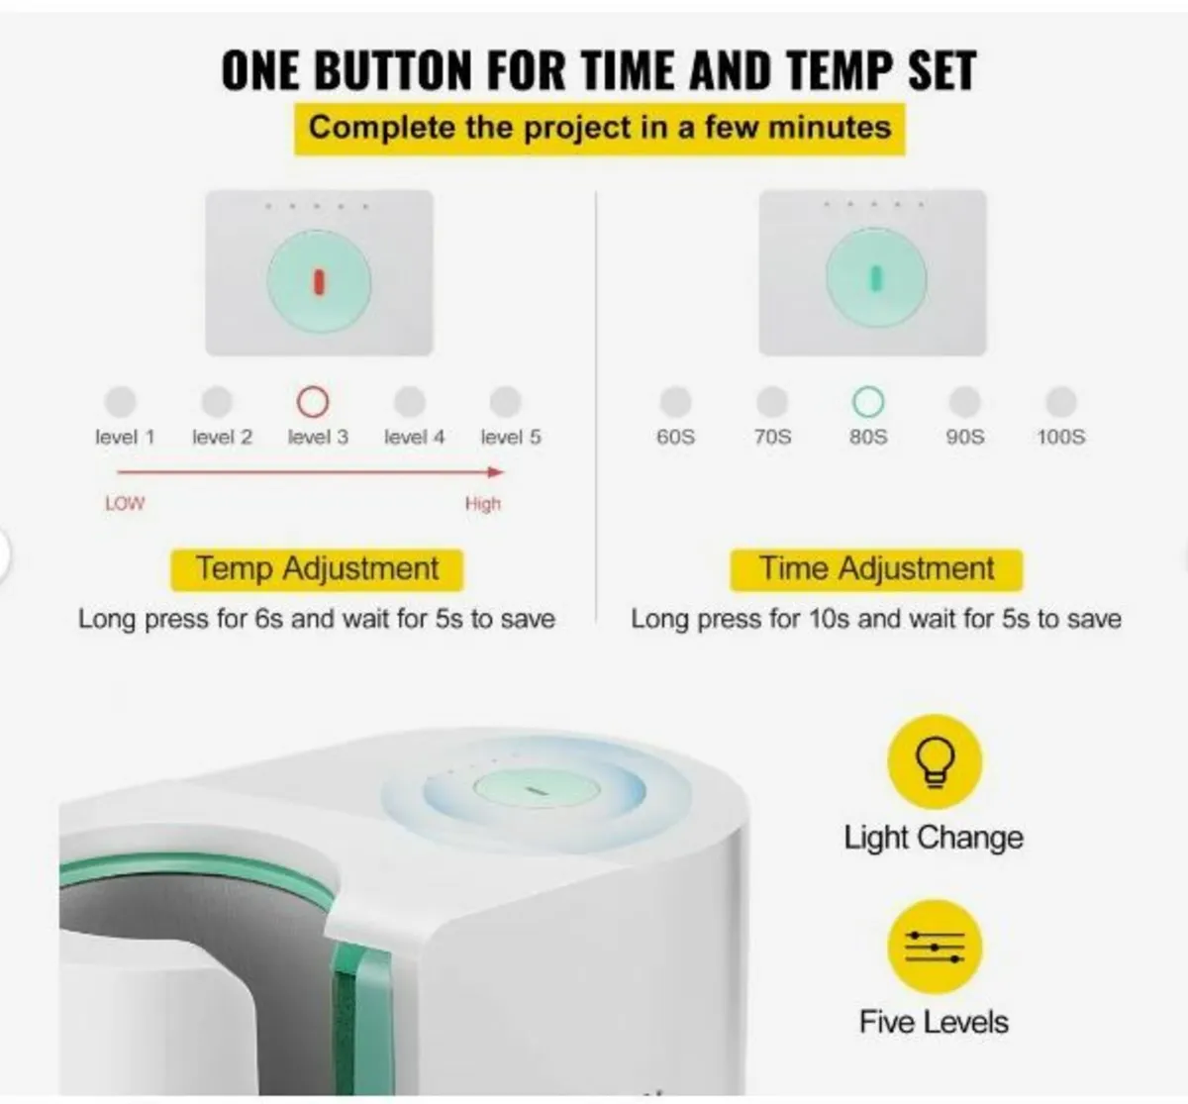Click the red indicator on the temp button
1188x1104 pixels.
(319, 282)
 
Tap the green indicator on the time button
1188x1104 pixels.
(876, 278)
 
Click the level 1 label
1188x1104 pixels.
(125, 437)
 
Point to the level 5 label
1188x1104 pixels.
(511, 437)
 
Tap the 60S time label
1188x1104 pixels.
(676, 437)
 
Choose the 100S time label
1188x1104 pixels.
(1061, 437)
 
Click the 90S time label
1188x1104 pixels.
(965, 437)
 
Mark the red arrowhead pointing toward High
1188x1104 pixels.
(496, 472)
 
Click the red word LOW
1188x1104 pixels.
(125, 503)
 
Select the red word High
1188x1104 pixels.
(483, 504)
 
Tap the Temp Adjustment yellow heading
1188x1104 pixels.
(317, 569)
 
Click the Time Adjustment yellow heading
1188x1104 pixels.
(876, 569)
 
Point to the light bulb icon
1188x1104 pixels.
(935, 761)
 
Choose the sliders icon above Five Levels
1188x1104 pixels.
(935, 948)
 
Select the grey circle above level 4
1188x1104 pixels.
(410, 402)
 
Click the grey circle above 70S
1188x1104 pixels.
(772, 402)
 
